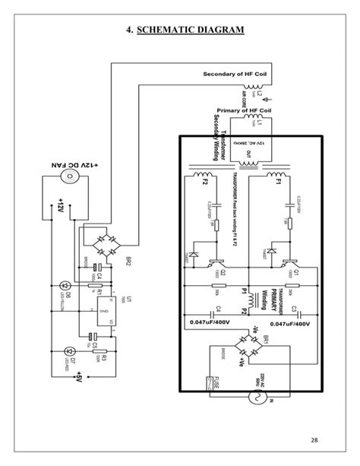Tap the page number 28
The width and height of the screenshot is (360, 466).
coord(315,441)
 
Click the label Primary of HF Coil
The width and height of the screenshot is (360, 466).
coord(244,109)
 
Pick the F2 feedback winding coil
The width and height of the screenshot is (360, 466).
coord(204,183)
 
